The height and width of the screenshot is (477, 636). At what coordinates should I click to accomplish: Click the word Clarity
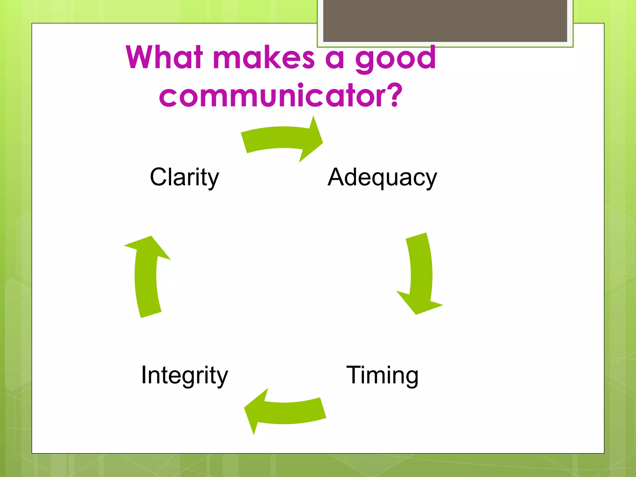point(184,177)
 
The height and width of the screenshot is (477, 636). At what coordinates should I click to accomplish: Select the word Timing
point(382,375)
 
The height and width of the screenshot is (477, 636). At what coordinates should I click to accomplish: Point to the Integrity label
point(184,375)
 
